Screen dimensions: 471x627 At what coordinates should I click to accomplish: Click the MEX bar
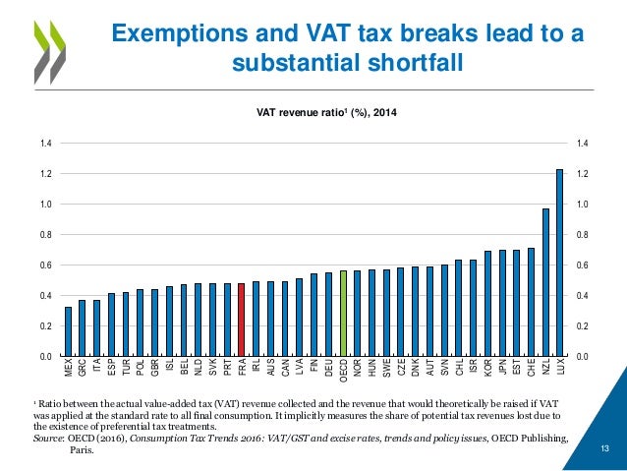tap(68, 331)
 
